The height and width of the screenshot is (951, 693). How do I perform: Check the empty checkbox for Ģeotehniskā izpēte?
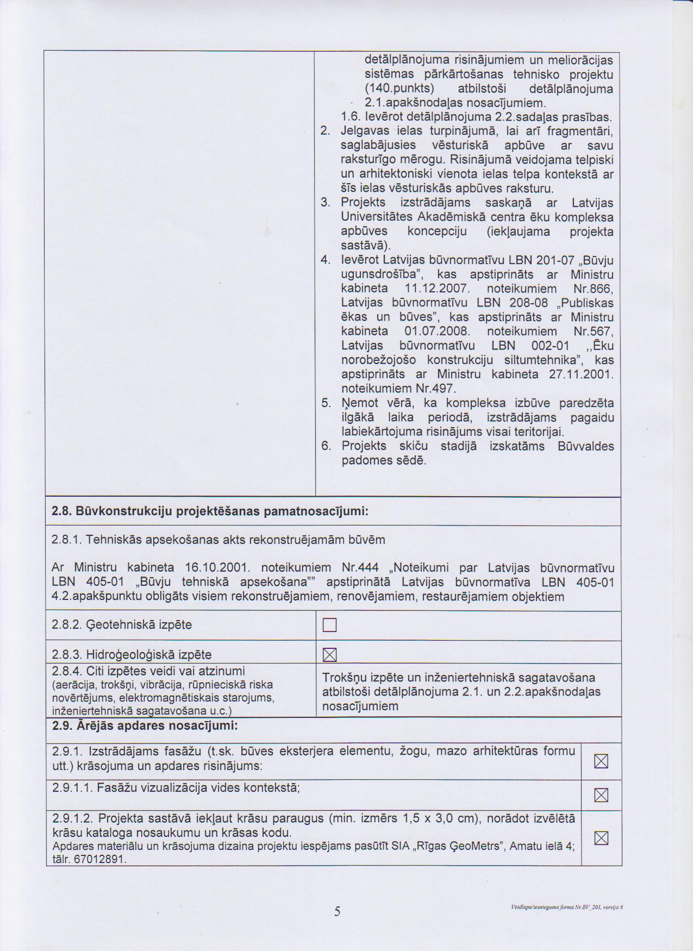click(x=330, y=625)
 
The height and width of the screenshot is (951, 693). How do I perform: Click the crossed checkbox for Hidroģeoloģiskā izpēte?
click(x=330, y=655)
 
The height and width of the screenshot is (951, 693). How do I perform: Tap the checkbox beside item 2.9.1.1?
click(x=601, y=796)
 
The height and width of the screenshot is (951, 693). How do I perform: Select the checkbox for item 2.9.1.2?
click(x=601, y=839)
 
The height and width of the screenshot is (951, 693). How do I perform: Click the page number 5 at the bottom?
click(x=337, y=911)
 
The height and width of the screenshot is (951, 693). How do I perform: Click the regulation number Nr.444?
click(x=360, y=568)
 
